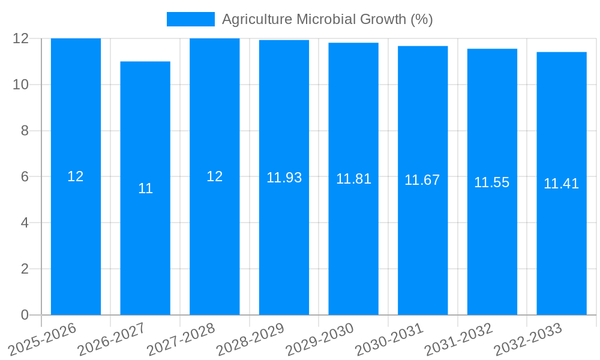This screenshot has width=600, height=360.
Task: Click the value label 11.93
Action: coord(284,178)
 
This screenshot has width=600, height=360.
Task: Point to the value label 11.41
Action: coord(561,184)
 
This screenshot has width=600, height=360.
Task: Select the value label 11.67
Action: coord(422,180)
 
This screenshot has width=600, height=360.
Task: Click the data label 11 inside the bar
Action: coord(145,188)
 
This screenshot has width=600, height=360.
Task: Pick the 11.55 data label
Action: coord(491,182)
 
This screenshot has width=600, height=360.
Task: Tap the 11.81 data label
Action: coord(353,179)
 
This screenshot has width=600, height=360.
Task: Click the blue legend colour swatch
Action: coord(190,19)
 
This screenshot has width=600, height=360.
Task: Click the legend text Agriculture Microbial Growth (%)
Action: coord(327,19)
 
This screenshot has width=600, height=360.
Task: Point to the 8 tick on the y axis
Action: coord(25,131)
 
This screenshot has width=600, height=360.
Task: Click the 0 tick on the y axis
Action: coord(25,315)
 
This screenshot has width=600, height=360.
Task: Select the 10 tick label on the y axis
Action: coord(21,85)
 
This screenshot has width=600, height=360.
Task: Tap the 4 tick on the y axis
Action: coord(25,223)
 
